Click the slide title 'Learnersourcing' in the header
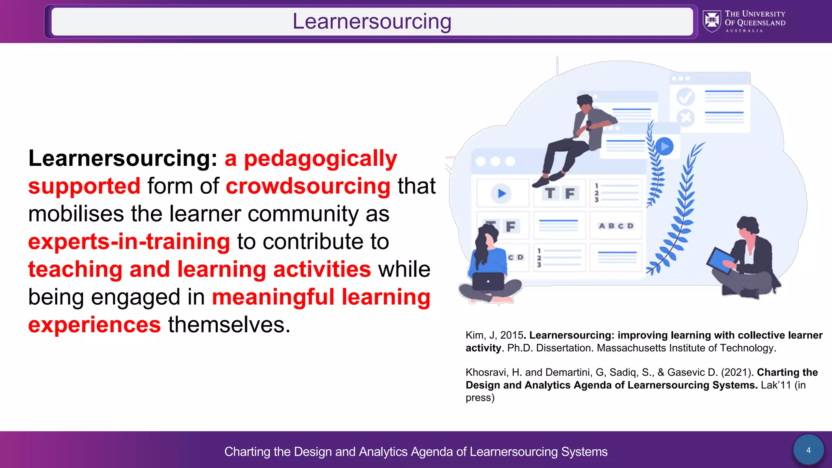[372, 22]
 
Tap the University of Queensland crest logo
[712, 21]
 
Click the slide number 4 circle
[808, 450]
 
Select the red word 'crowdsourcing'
[308, 186]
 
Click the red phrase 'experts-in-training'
[129, 241]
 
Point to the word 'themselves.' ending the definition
[229, 325]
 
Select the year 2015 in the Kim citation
[511, 335]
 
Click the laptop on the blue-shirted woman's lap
[488, 281]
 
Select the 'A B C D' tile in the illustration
[616, 226]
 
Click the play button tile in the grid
[502, 193]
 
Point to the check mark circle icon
[685, 96]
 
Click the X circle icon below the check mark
[685, 118]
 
